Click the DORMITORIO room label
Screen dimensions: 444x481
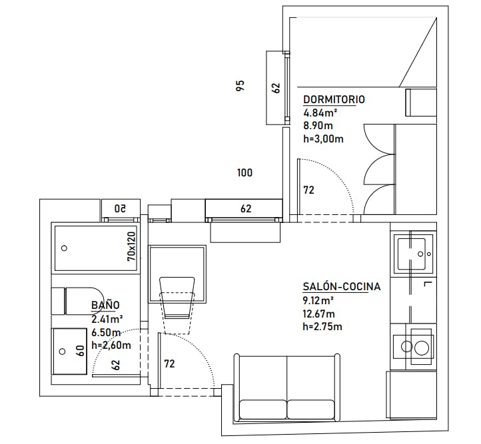point(334,99)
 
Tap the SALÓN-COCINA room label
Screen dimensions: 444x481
point(341,287)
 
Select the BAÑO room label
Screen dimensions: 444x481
point(105,305)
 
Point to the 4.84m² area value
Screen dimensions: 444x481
point(320,112)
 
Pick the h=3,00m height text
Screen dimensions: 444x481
point(323,138)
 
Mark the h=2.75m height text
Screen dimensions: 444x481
point(322,326)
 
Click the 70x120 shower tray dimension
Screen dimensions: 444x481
point(131,247)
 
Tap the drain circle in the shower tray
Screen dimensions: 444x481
point(64,248)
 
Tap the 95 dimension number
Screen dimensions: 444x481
point(240,85)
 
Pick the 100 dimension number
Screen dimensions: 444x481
point(244,173)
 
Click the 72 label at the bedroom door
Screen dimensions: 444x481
point(308,190)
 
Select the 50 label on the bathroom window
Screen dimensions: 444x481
point(121,208)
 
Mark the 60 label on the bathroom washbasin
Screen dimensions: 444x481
point(80,351)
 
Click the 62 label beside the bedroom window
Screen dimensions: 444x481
point(275,87)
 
